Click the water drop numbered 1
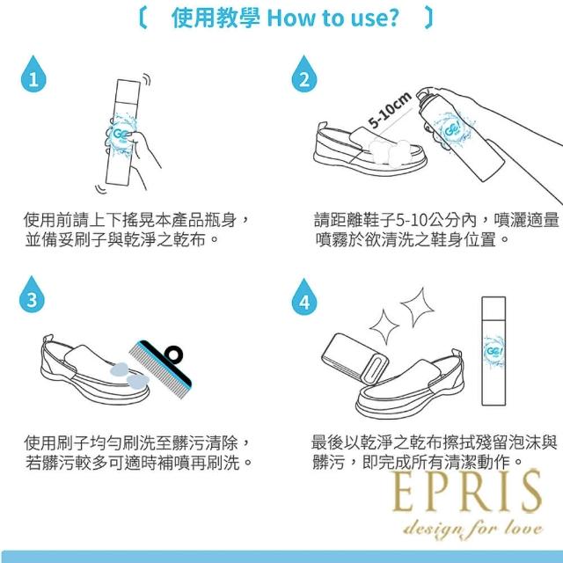point(33,75)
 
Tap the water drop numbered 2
point(304,75)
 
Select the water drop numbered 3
point(32,296)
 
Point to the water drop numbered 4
point(304,297)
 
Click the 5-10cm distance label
point(390,109)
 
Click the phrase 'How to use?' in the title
point(333,18)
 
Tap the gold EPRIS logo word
point(467,492)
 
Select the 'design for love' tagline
point(473,530)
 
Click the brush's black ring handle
point(173,355)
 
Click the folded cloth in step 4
point(355,358)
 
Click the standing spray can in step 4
point(494,351)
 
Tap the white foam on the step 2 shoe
point(390,152)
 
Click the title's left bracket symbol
point(143,18)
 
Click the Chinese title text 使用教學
point(216,18)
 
